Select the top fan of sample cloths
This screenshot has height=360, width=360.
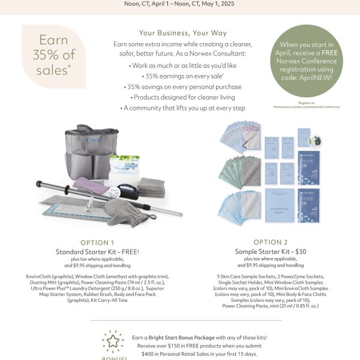click(238, 138)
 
